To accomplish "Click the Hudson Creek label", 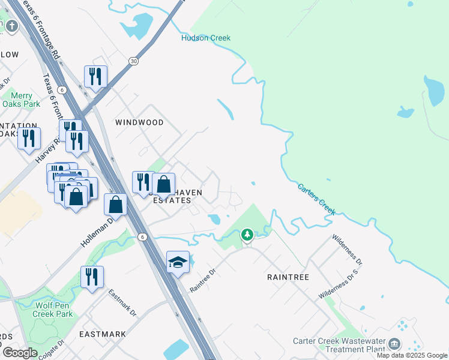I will (206, 38).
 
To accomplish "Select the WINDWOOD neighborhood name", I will (139, 122).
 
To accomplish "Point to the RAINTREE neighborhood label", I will (288, 277).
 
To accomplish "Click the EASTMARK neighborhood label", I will (103, 334).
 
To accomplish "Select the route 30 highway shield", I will (133, 61).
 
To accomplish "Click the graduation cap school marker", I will (178, 262).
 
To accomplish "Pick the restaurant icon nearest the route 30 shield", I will (95, 76).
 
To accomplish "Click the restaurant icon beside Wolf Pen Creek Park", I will (92, 277).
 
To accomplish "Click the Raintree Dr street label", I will (202, 280).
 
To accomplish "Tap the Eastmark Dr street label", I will (123, 304).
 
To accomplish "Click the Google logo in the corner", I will (20, 352).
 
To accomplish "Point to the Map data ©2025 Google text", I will (412, 355).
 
